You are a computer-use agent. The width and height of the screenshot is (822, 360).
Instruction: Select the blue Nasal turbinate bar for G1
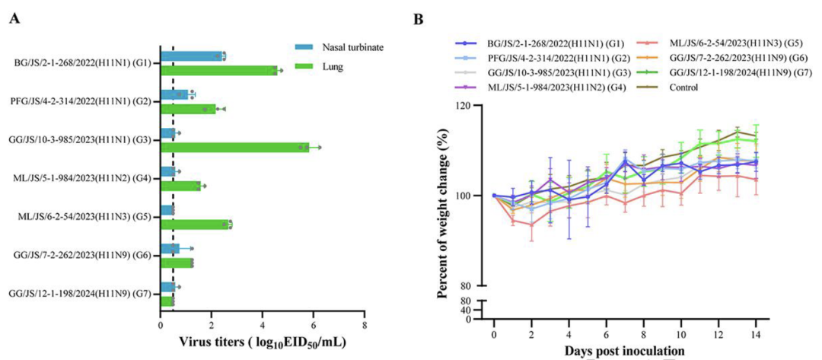(x=192, y=56)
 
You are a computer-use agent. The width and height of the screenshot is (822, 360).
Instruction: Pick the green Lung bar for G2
(x=188, y=109)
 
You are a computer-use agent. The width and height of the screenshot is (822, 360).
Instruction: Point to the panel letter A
(x=14, y=17)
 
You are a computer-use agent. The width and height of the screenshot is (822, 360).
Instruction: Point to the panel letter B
(x=418, y=18)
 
